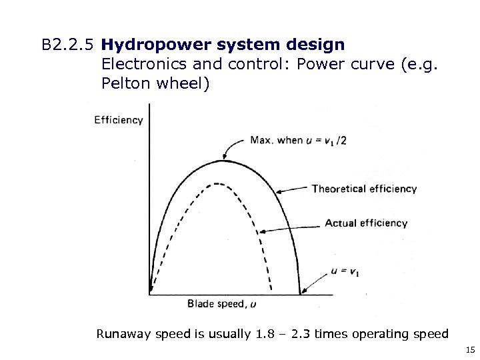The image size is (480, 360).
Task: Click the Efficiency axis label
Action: (119, 121)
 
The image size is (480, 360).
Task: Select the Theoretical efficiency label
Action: (364, 189)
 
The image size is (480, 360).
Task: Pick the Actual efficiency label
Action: (366, 223)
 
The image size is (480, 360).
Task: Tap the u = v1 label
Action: (345, 273)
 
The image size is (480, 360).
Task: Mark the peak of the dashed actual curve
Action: (217, 182)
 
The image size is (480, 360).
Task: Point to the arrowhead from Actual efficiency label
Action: (263, 231)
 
